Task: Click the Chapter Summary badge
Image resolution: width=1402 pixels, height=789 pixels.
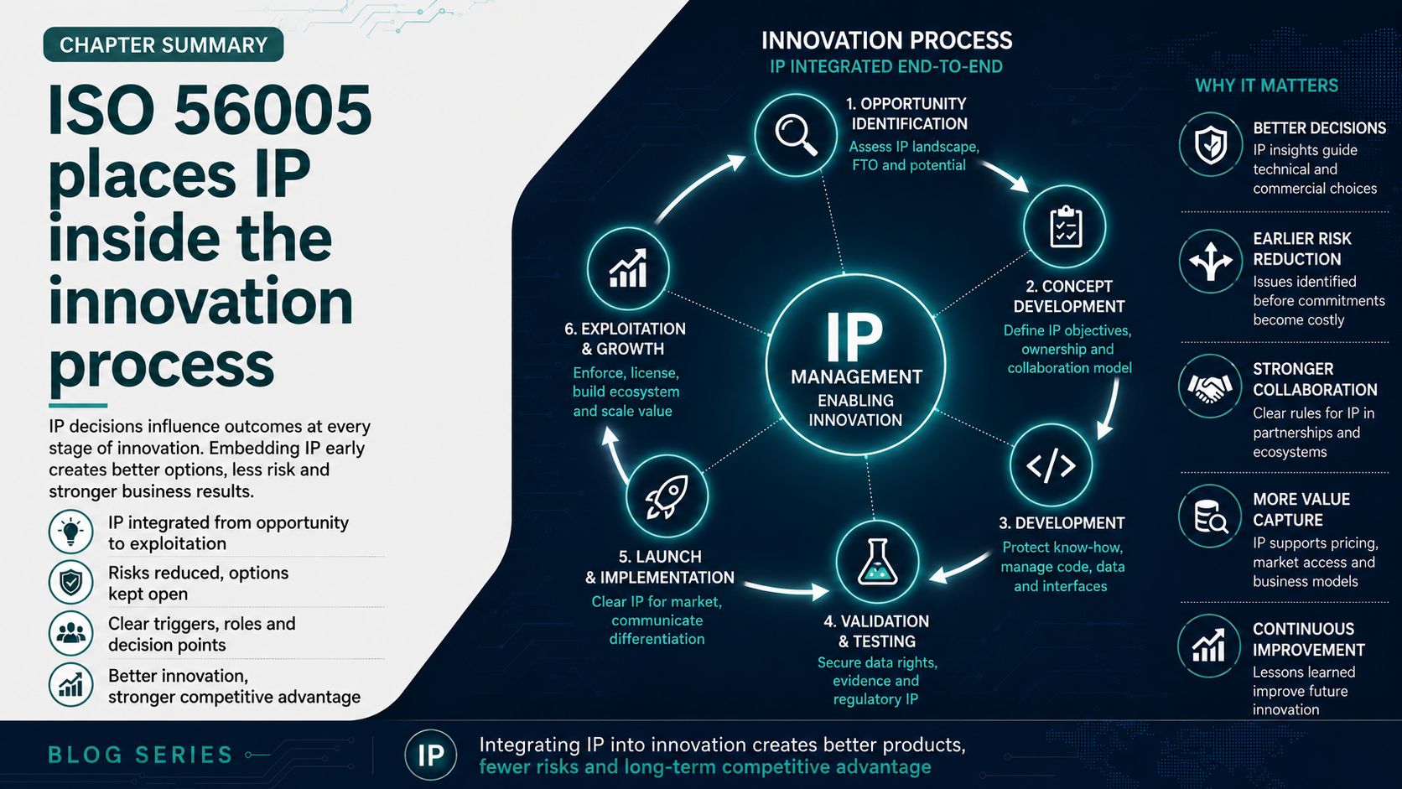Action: [164, 44]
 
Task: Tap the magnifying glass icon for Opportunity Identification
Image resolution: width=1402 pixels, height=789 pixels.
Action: [796, 134]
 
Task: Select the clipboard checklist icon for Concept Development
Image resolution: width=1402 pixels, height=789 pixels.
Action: [1065, 226]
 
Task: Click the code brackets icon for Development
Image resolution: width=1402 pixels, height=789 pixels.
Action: [1051, 465]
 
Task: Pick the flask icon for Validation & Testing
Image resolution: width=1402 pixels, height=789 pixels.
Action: [877, 561]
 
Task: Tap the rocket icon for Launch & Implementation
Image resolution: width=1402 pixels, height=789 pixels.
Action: [667, 496]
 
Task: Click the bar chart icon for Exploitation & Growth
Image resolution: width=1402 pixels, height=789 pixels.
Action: [628, 268]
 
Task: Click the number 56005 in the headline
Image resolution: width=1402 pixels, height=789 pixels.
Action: [273, 110]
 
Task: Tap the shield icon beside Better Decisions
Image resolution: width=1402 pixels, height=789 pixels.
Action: [1211, 144]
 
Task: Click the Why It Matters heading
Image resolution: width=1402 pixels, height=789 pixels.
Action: [1266, 85]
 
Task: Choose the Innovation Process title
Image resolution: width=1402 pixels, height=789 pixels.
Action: [886, 41]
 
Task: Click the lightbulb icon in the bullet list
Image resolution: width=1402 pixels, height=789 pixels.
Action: [70, 532]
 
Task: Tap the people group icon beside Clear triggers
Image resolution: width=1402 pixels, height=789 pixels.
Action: [70, 633]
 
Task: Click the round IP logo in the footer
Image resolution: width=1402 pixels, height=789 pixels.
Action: [431, 755]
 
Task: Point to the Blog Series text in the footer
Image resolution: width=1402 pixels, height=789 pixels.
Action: [140, 755]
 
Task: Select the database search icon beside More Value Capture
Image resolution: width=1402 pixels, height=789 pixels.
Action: [1211, 516]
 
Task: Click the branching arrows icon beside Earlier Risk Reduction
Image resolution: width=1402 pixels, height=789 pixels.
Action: [1211, 261]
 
